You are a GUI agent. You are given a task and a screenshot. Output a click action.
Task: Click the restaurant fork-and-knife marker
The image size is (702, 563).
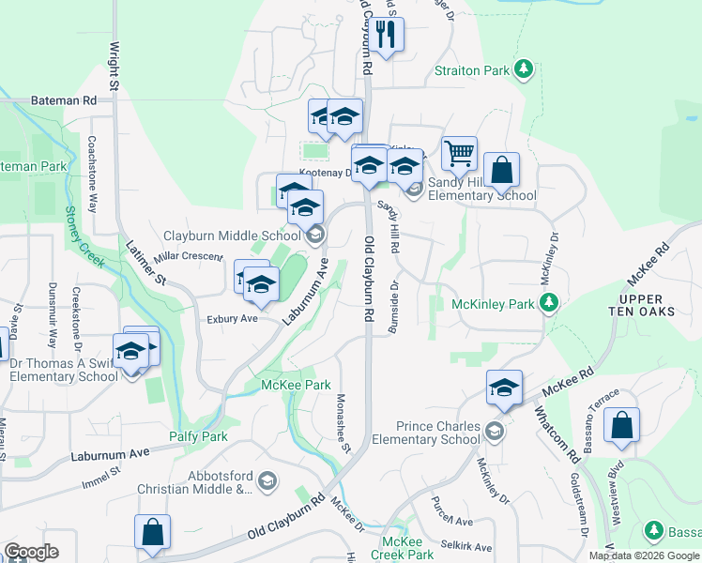click(386, 36)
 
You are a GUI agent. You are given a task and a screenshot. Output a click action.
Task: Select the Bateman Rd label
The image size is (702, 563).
click(64, 99)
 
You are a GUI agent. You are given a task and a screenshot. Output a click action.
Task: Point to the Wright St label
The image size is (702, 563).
click(114, 66)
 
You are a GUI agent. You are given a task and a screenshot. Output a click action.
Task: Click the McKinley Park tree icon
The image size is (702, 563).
click(552, 303)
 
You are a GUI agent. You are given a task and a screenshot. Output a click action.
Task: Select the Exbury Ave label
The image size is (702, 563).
click(232, 319)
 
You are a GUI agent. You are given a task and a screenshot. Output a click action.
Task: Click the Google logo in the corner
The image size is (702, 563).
click(31, 552)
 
